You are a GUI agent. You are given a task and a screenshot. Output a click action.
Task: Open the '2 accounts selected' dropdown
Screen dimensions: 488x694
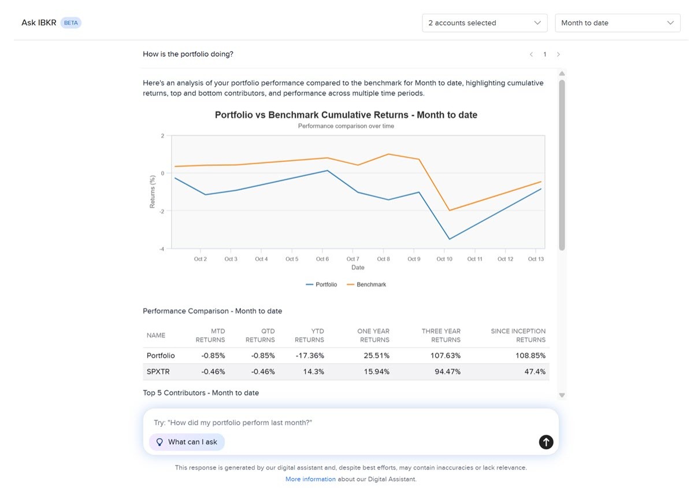(x=484, y=23)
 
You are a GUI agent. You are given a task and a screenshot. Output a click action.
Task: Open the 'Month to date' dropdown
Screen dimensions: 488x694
(x=617, y=23)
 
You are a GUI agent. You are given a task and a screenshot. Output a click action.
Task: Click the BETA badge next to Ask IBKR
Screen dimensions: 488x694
(x=71, y=23)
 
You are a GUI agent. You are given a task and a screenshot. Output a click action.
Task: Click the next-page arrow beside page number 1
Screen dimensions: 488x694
(x=558, y=54)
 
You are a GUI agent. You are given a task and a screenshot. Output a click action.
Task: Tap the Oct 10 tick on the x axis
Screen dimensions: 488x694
(x=444, y=259)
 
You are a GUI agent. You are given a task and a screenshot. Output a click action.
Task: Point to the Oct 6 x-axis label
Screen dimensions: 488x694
(x=322, y=259)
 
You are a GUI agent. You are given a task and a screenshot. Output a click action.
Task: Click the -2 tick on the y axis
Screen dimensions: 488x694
(x=162, y=211)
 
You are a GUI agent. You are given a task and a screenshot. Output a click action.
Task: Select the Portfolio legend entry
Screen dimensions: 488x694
(x=321, y=284)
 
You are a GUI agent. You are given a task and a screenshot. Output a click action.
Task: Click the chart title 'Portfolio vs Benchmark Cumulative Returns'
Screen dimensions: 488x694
(x=346, y=115)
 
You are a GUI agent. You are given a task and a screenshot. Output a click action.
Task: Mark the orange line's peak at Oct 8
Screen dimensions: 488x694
(x=388, y=154)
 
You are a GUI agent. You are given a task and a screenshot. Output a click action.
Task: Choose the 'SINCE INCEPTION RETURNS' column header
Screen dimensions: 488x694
(x=518, y=335)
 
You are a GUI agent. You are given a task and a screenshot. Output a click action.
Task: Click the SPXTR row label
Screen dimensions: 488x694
(x=157, y=372)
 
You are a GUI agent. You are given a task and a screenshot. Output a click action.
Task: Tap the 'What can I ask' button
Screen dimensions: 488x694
(x=187, y=442)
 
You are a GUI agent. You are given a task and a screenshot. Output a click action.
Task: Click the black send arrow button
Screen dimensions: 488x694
(x=546, y=442)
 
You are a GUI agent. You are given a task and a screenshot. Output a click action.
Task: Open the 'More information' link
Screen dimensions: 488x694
(x=310, y=479)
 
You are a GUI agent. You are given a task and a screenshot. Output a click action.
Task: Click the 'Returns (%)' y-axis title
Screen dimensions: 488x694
(x=153, y=191)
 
